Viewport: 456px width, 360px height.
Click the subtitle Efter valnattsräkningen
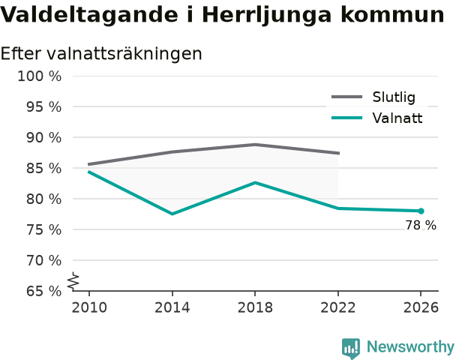tap(101, 54)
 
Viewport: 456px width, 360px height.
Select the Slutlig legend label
tap(394, 97)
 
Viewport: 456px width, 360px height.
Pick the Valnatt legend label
tap(397, 118)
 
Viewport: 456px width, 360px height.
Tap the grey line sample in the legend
tap(347, 97)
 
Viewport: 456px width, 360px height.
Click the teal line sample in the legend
tap(347, 118)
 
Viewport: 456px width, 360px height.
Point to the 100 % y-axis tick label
tap(40, 76)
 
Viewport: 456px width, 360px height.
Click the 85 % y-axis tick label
tap(44, 168)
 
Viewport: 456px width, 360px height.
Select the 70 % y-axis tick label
tap(44, 260)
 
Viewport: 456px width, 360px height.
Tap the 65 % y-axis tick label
tap(44, 291)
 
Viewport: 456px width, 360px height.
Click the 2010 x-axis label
tap(89, 307)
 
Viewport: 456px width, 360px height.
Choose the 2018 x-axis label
tap(255, 307)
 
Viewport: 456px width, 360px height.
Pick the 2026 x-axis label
tap(421, 307)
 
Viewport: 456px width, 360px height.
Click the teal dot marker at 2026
tap(421, 211)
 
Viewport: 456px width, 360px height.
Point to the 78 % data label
tap(421, 225)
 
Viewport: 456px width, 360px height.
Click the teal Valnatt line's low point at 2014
tap(172, 214)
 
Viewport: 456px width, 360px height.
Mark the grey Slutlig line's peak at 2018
tap(255, 145)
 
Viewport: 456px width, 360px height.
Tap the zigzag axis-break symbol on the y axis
tap(73, 281)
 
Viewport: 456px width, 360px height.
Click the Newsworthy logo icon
tap(351, 348)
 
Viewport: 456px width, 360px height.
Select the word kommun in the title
tap(392, 15)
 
